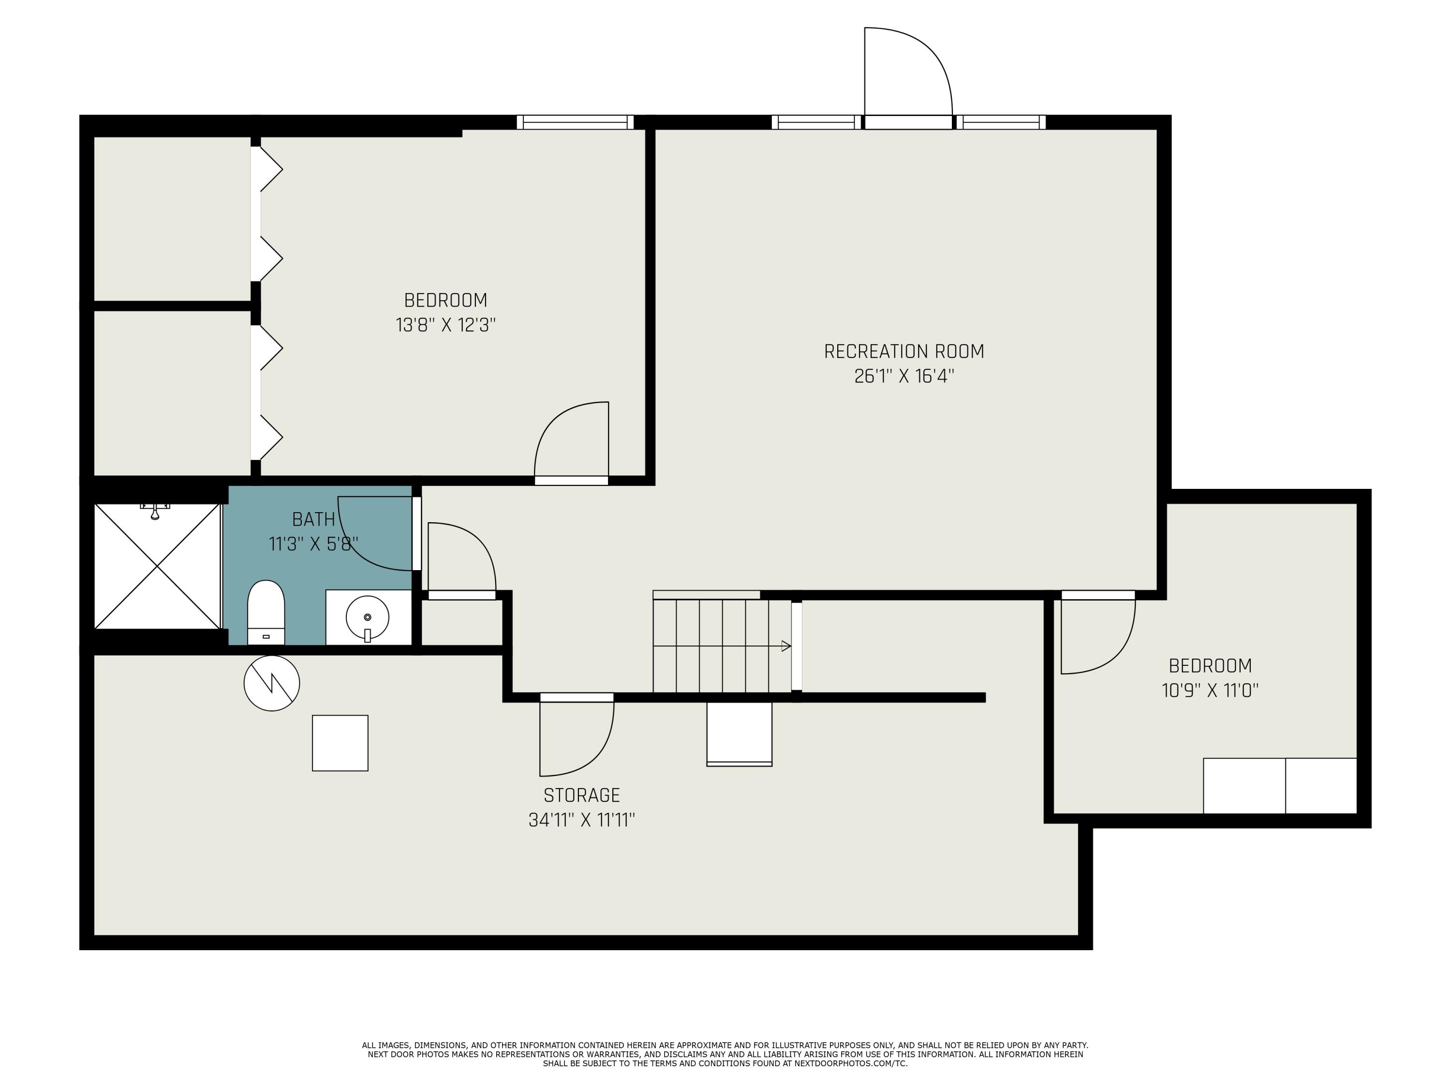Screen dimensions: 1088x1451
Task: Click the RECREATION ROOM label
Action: pos(903,352)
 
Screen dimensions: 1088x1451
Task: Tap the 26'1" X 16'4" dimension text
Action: pos(903,376)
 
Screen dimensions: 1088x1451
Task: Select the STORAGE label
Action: pos(581,795)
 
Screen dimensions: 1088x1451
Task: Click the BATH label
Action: pos(313,519)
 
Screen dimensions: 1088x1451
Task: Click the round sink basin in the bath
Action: pos(367,617)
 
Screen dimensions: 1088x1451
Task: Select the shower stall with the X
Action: pos(157,566)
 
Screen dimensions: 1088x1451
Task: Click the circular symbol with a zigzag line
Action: pos(271,683)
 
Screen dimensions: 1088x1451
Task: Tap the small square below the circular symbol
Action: pos(340,743)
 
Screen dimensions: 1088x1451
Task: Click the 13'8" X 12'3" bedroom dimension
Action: pos(445,325)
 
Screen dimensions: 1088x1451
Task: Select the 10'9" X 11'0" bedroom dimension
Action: pos(1210,691)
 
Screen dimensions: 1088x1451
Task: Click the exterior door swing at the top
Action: pos(908,72)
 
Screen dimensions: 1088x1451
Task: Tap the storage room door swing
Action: pos(576,738)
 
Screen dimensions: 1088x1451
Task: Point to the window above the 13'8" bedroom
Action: pos(575,122)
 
